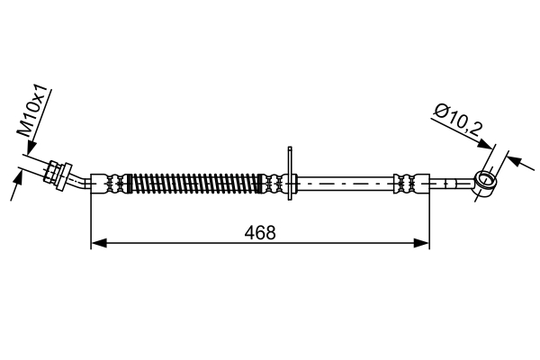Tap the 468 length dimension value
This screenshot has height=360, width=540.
click(260, 233)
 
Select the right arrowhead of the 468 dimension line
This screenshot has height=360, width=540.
click(422, 243)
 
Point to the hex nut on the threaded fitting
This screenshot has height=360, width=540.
click(50, 172)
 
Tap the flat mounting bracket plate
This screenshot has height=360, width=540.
click(290, 173)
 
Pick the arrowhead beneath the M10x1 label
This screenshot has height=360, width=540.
click(31, 148)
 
